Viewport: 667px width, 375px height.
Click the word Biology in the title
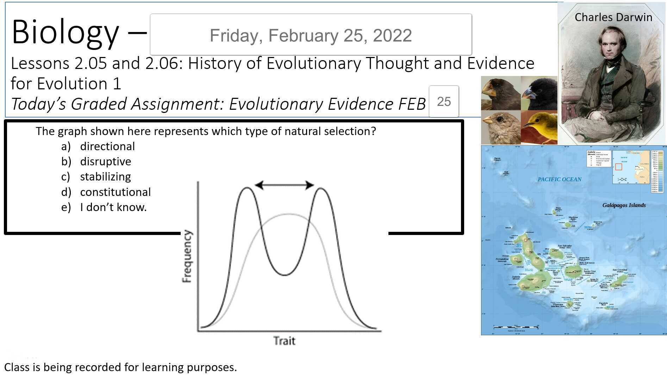pyautogui.click(x=65, y=32)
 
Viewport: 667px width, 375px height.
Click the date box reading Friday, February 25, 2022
pyautogui.click(x=311, y=35)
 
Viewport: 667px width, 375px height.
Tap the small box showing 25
pyautogui.click(x=444, y=102)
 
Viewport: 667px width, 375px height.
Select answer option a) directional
pyautogui.click(x=107, y=146)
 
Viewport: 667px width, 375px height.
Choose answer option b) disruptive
pyautogui.click(x=105, y=161)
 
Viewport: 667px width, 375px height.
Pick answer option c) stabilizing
pyautogui.click(x=105, y=177)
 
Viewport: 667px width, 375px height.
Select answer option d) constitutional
pyautogui.click(x=115, y=192)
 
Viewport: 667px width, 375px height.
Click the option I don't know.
pyautogui.click(x=113, y=207)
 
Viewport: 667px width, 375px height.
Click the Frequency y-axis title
pyautogui.click(x=187, y=256)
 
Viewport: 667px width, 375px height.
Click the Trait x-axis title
pyautogui.click(x=284, y=341)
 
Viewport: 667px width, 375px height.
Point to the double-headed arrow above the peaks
pyautogui.click(x=284, y=185)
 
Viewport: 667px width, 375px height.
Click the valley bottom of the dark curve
pyautogui.click(x=284, y=275)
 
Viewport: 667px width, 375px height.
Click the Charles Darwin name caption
pyautogui.click(x=613, y=17)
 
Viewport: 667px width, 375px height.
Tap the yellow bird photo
pyautogui.click(x=539, y=127)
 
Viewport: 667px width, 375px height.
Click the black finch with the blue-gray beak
pyautogui.click(x=539, y=93)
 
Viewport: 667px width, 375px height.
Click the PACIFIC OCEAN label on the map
pyautogui.click(x=559, y=179)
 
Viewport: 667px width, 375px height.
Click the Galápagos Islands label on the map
pyautogui.click(x=624, y=205)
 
